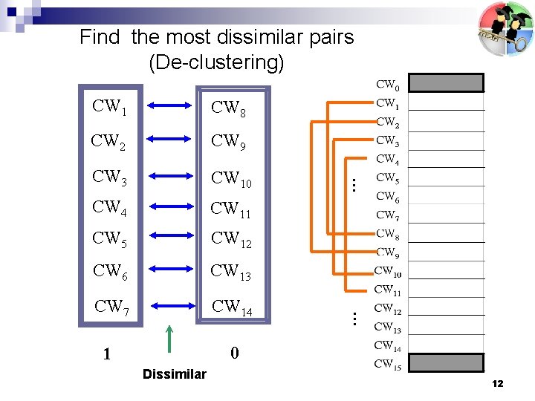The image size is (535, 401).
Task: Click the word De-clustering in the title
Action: click(216, 62)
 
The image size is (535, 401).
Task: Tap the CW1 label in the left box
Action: click(109, 107)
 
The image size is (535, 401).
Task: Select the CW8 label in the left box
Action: click(227, 109)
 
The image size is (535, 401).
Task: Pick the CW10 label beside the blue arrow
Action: click(231, 179)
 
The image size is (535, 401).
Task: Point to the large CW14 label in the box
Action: click(232, 307)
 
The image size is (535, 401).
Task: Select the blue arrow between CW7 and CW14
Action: click(170, 305)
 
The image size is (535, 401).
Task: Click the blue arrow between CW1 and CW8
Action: click(170, 108)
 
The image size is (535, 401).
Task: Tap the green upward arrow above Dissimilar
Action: click(170, 338)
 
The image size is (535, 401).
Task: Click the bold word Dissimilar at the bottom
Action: click(174, 374)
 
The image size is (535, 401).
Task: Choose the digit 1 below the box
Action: click(107, 354)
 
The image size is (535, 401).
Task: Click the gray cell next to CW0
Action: click(446, 82)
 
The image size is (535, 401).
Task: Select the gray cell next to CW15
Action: click(446, 363)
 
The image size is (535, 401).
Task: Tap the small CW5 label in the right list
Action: click(387, 178)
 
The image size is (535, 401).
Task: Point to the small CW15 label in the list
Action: click(388, 364)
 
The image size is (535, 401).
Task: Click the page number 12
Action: click(497, 383)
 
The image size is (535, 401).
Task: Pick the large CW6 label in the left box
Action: click(110, 272)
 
